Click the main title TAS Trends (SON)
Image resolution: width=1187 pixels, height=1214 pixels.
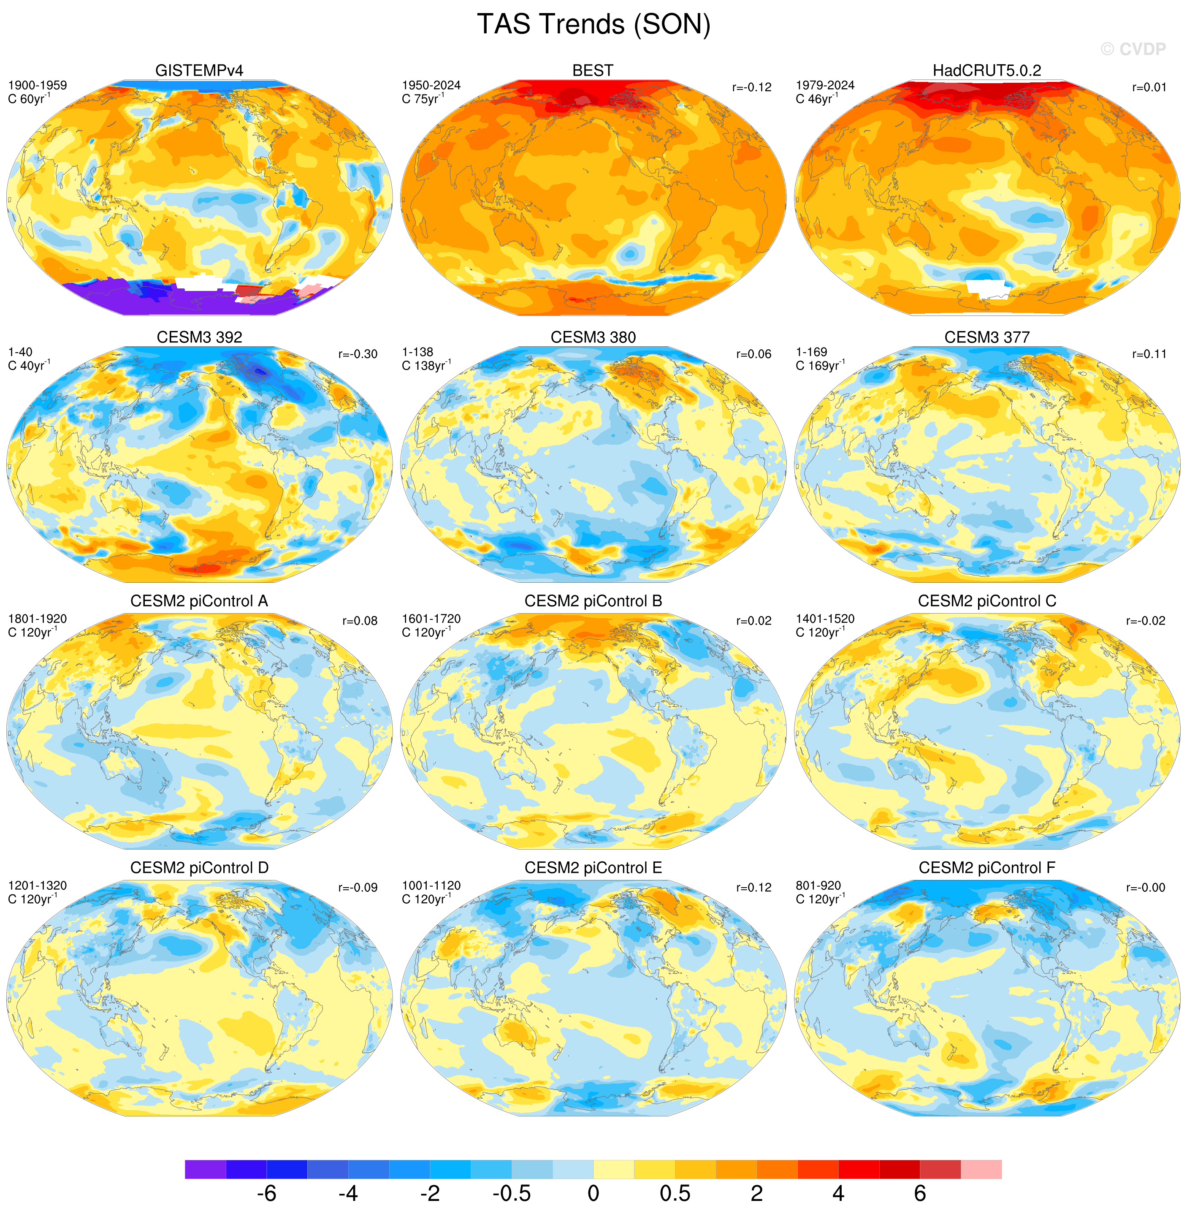593,25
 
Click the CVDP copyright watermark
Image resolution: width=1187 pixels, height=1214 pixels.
1133,49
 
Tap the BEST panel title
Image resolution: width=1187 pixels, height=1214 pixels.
593,71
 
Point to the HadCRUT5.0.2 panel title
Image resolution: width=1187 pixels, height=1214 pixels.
987,71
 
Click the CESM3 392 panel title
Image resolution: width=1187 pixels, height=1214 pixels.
200,337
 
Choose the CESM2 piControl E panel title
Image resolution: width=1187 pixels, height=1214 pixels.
593,868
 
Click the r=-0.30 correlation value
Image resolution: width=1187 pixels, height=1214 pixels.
358,354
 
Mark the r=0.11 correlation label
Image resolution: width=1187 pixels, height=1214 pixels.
1148,354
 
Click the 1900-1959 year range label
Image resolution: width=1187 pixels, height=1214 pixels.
38,85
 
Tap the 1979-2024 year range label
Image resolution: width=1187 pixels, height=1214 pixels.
825,85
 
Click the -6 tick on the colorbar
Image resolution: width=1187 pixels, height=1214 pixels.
266,1193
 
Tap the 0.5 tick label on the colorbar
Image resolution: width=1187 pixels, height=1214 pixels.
675,1193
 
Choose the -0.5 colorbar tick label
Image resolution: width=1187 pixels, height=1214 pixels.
512,1193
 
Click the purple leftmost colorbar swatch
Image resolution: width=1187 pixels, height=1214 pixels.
205,1169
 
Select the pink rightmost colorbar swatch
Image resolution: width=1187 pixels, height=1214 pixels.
981,1169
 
